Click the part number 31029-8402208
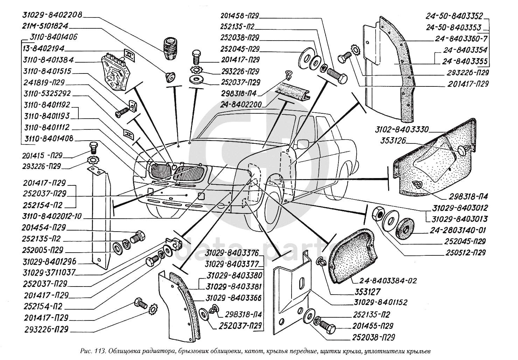(52, 15)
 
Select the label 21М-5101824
(46, 26)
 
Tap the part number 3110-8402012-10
(52, 216)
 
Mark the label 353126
(392, 141)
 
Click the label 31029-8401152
(378, 302)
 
